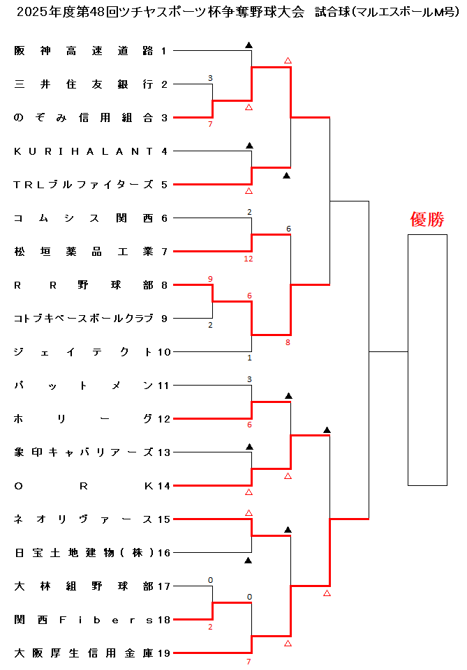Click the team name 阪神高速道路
pyautogui.click(x=84, y=51)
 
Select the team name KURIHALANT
pyautogui.click(x=84, y=151)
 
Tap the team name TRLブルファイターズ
pyautogui.click(x=84, y=185)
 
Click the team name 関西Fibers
pyautogui.click(x=84, y=620)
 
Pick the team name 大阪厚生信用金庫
pyautogui.click(x=84, y=653)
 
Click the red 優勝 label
pyautogui.click(x=427, y=220)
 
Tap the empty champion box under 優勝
pyautogui.click(x=427, y=360)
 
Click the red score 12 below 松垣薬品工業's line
pyautogui.click(x=249, y=259)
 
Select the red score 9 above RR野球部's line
pyautogui.click(x=210, y=279)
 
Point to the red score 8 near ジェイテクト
pyautogui.click(x=288, y=342)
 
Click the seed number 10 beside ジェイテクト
pyautogui.click(x=164, y=352)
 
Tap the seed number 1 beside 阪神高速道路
pyautogui.click(x=164, y=51)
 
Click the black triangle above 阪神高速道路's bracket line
pyautogui.click(x=249, y=45)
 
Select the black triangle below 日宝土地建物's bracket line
pyautogui.click(x=249, y=560)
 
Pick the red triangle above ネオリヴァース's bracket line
pyautogui.click(x=249, y=512)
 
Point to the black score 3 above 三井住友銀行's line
pyautogui.click(x=210, y=78)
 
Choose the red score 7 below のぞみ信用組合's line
pyautogui.click(x=210, y=124)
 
